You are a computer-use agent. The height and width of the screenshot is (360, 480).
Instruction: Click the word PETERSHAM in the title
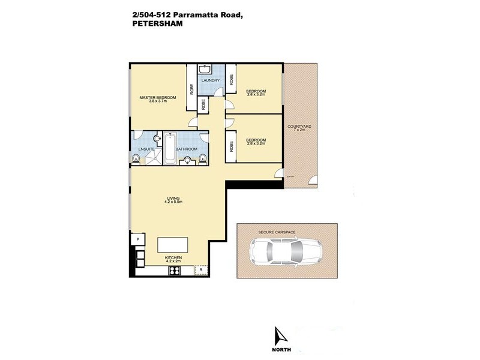pyautogui.click(x=156, y=25)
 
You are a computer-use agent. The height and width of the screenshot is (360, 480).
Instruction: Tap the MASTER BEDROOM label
pyautogui.click(x=157, y=98)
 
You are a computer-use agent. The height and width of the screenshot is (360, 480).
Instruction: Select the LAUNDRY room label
pyautogui.click(x=209, y=80)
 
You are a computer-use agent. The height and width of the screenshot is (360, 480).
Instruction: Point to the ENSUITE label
pyautogui.click(x=146, y=149)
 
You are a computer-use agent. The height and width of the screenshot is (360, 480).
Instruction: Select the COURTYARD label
pyautogui.click(x=298, y=126)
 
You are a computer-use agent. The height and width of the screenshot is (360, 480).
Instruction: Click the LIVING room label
pyautogui.click(x=173, y=199)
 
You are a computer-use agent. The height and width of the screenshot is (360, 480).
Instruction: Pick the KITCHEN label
pyautogui.click(x=173, y=259)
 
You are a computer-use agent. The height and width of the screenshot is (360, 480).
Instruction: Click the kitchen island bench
pyautogui.click(x=172, y=245)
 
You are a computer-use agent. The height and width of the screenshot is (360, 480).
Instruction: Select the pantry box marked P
pyautogui.click(x=137, y=239)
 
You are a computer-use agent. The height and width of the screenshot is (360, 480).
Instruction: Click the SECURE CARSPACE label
pyautogui.click(x=277, y=232)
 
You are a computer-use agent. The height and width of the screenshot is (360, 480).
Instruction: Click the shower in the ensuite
pyautogui.click(x=154, y=157)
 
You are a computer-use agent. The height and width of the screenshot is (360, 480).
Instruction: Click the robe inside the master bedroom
pyautogui.click(x=191, y=88)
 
